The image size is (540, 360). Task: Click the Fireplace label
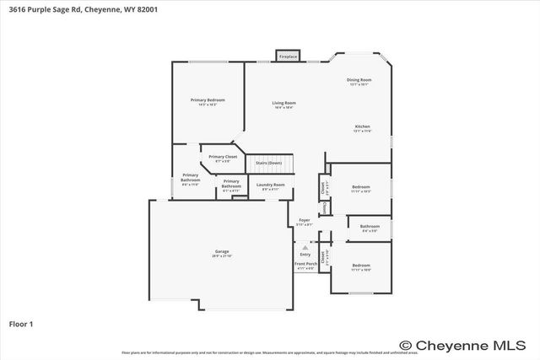(288, 56)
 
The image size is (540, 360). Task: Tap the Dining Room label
(359, 80)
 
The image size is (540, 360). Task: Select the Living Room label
(283, 103)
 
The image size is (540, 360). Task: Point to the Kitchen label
(362, 126)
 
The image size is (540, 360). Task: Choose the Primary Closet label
(223, 157)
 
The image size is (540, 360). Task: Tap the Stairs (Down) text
(268, 162)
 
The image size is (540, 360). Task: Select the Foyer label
(305, 221)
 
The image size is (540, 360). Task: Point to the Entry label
(305, 254)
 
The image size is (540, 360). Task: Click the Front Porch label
(305, 265)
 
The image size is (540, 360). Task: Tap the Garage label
(222, 252)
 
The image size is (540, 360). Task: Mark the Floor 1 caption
(22, 323)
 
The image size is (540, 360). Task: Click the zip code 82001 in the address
(144, 9)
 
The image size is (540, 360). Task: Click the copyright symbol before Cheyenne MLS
(405, 345)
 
